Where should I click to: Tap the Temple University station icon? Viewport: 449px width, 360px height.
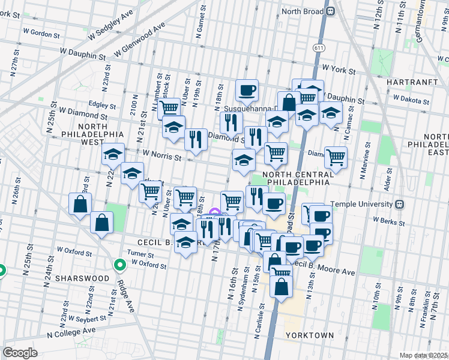pyautogui.click(x=400, y=204)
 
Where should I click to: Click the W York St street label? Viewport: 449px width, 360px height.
pyautogui.click(x=339, y=70)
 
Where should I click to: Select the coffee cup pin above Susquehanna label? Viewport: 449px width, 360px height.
pyautogui.click(x=247, y=91)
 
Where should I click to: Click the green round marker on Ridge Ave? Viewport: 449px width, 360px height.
pyautogui.click(x=120, y=264)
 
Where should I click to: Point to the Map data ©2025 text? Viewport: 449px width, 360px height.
pyautogui.click(x=423, y=355)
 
